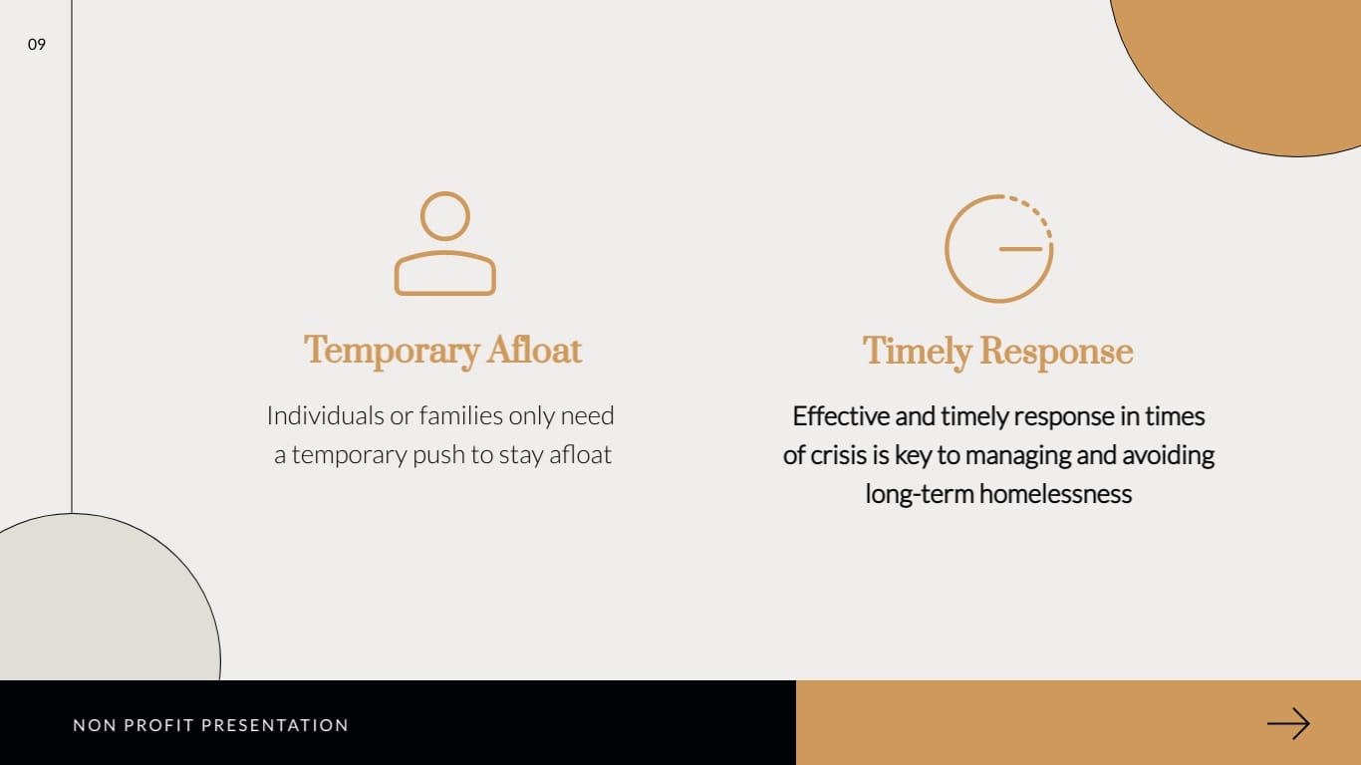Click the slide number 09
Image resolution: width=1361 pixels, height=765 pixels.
coord(37,45)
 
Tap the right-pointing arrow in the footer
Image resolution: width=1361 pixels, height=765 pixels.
coord(1288,723)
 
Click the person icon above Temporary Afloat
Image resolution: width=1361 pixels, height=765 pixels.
coord(444,244)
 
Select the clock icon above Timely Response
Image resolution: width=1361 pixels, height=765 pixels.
coord(999,248)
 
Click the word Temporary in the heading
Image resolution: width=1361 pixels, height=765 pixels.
coord(392,352)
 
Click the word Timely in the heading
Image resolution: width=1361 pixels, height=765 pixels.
coord(917,353)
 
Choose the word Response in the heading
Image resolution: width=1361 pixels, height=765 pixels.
coord(1056,353)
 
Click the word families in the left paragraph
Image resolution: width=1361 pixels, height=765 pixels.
coord(460,416)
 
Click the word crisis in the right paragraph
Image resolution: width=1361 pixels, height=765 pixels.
coord(839,455)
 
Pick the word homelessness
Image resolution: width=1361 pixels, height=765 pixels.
coord(1055,494)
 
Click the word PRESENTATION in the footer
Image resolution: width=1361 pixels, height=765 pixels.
coord(275,725)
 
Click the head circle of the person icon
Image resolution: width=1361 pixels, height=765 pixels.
coord(444,216)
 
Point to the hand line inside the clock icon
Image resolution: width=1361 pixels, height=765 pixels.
coord(1020,249)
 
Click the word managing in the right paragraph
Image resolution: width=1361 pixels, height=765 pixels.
coord(1017,456)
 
